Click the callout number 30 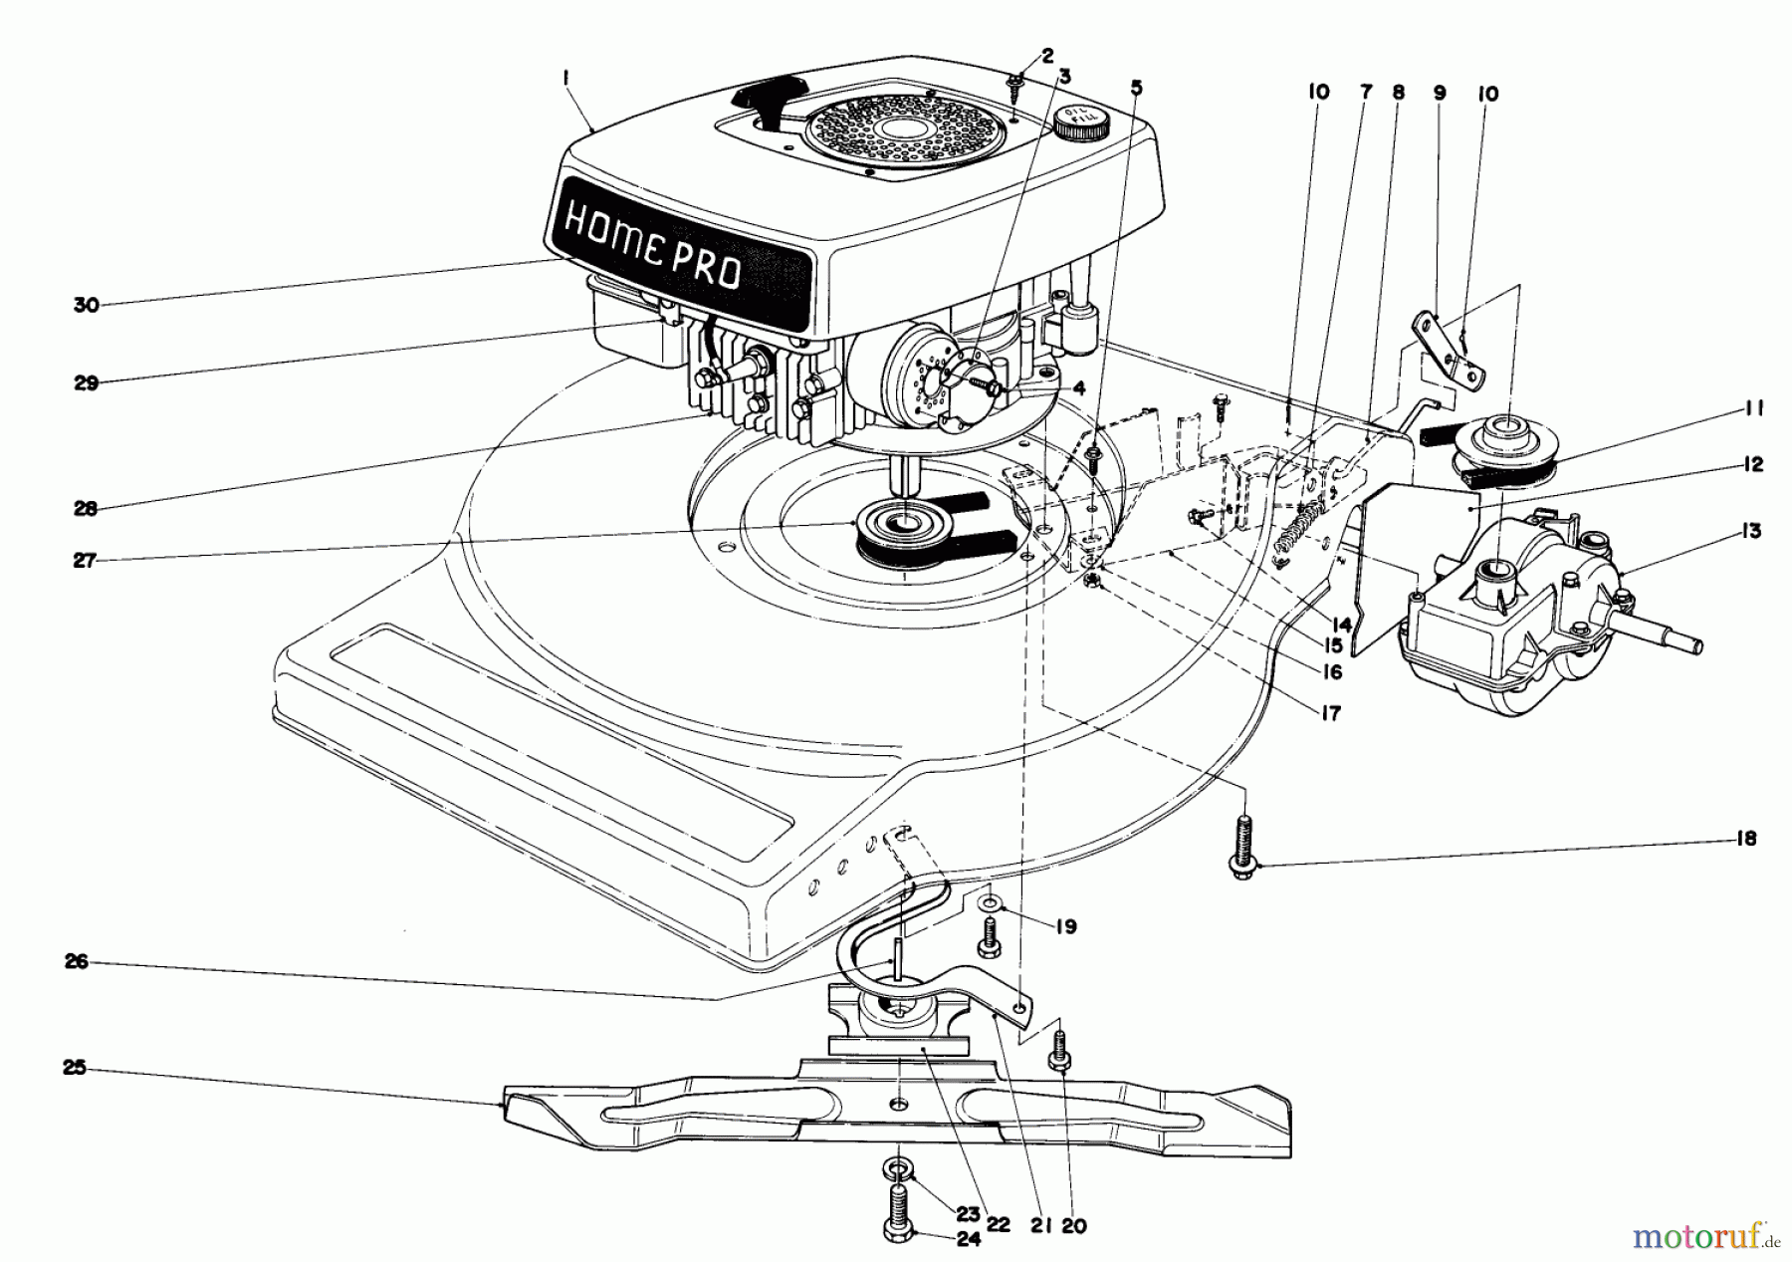pyautogui.click(x=87, y=305)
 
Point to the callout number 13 pyautogui.click(x=1752, y=531)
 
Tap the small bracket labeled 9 pyautogui.click(x=1450, y=351)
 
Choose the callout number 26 pyautogui.click(x=77, y=961)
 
